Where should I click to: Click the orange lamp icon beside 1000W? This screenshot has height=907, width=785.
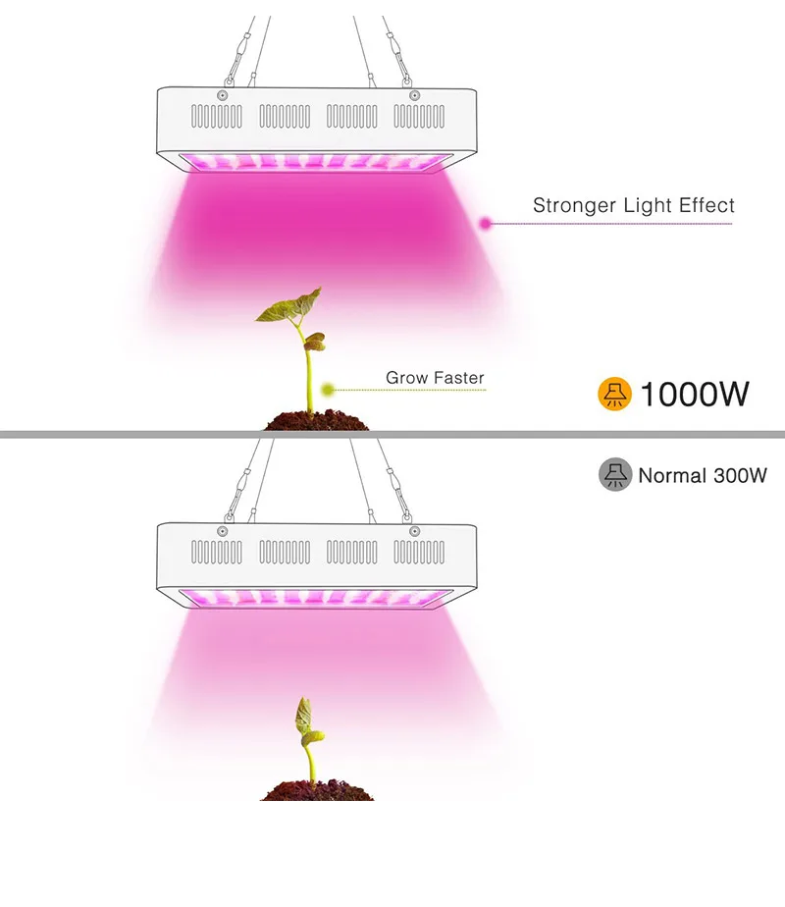[615, 394]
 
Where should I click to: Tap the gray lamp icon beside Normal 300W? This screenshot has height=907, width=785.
[615, 475]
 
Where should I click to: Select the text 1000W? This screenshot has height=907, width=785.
[695, 395]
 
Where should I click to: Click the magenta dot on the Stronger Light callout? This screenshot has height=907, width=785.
[485, 224]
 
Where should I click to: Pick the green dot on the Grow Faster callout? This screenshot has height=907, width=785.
[329, 390]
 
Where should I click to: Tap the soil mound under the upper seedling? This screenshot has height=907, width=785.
[316, 422]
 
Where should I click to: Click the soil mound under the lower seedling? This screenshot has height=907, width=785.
[316, 789]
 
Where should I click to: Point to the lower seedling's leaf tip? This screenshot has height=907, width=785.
[303, 703]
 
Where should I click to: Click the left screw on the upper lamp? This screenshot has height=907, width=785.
[224, 95]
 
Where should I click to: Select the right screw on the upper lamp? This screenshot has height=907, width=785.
[414, 95]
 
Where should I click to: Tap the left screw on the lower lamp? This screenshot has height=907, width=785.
[224, 530]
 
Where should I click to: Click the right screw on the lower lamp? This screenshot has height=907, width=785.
[414, 530]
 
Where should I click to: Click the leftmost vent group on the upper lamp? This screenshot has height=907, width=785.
[216, 117]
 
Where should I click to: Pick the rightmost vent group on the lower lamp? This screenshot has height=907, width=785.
[418, 552]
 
